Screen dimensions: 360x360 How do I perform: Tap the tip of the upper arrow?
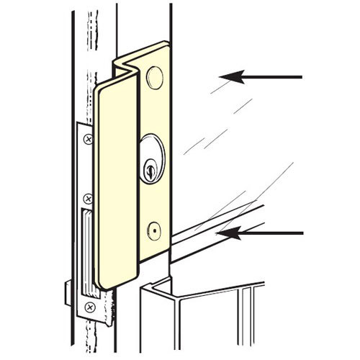220,76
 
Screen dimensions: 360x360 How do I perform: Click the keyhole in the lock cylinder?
149,171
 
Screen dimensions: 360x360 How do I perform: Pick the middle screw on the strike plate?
88,196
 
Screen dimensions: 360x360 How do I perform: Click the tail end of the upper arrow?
301,76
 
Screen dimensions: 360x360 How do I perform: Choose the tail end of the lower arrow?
301,233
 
